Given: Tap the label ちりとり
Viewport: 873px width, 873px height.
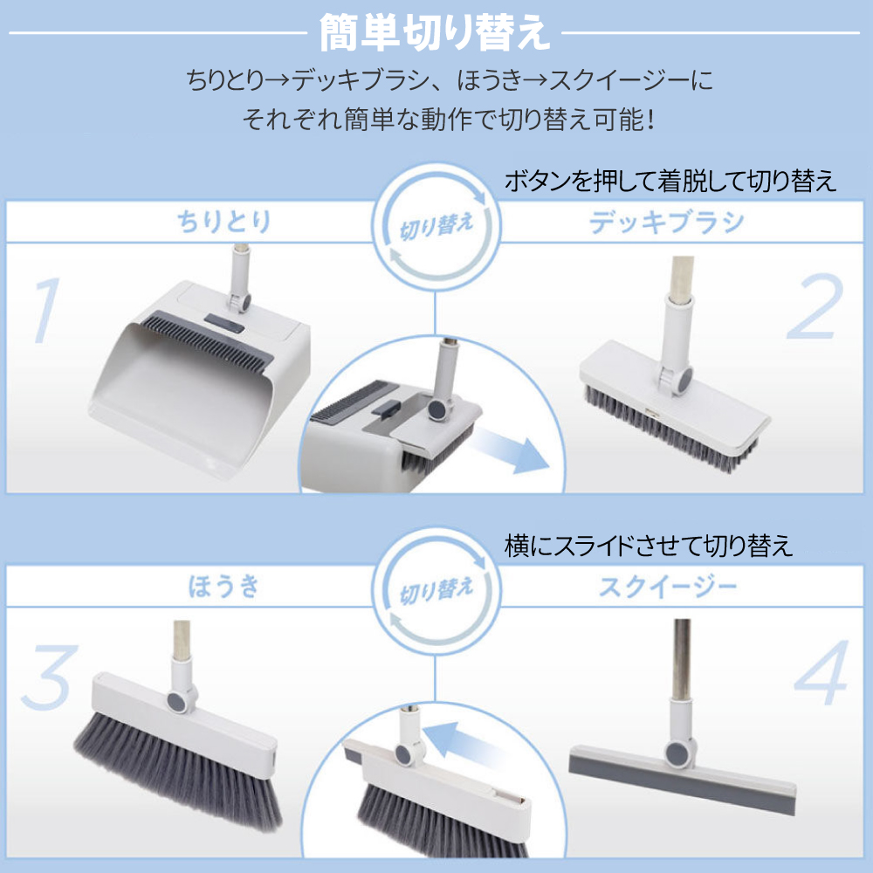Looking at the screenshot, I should [224, 221].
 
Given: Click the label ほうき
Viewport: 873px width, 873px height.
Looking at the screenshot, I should [224, 586].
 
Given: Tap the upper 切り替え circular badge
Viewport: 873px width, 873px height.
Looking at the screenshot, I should [436, 230].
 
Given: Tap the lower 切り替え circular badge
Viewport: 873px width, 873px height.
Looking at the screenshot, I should [436, 594].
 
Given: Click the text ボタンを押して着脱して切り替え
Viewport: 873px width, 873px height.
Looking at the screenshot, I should [670, 182].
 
